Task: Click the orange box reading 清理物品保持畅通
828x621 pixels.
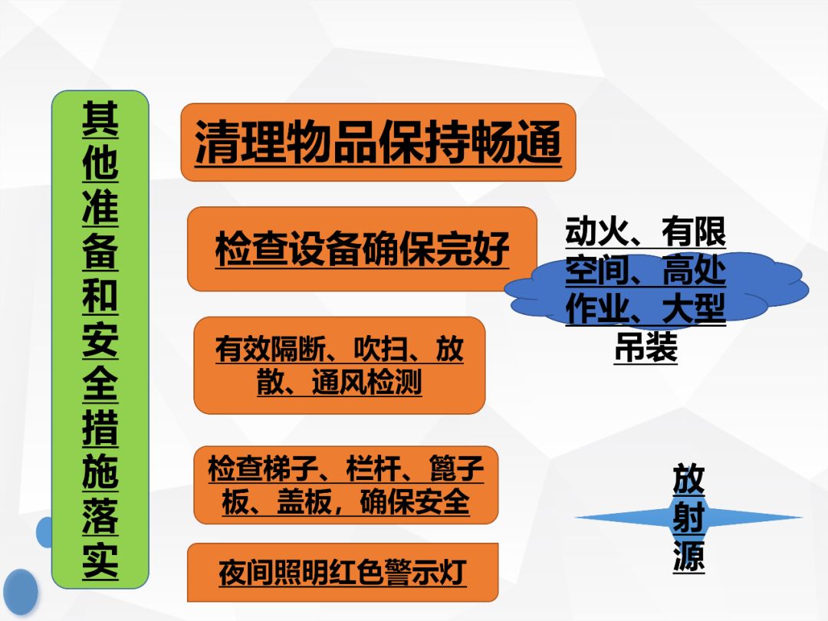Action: pos(378,142)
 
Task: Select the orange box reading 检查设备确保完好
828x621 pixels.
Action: pos(362,248)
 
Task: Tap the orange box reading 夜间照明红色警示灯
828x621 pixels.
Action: pos(343,573)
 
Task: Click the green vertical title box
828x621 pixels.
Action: pos(100,340)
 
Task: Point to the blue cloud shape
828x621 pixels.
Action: pos(655,287)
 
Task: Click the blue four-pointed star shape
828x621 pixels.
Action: pos(688,517)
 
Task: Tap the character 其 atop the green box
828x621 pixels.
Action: pos(100,120)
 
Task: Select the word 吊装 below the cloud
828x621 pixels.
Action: pos(646,347)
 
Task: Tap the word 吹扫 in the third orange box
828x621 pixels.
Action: pos(381,349)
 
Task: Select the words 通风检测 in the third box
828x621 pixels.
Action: pos(366,382)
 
